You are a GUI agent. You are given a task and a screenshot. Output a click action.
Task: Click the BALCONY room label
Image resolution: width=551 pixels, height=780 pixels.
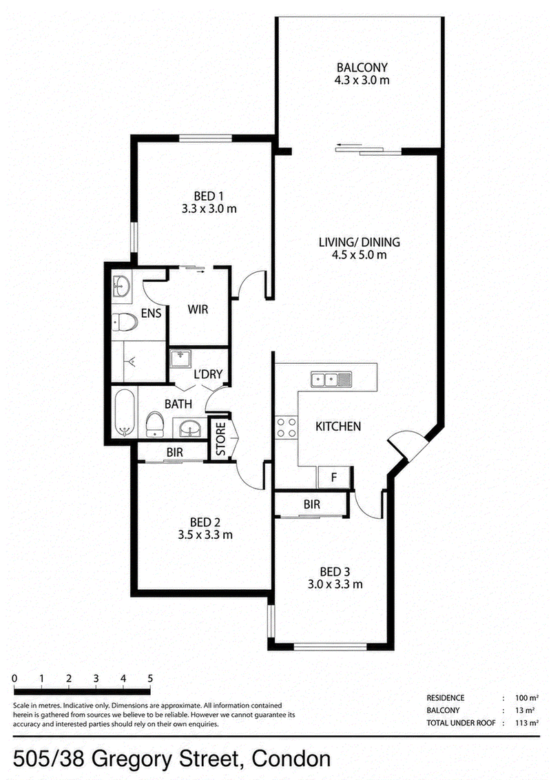point(362,67)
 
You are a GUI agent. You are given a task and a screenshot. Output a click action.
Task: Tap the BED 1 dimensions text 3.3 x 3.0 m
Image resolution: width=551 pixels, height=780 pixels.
point(209,209)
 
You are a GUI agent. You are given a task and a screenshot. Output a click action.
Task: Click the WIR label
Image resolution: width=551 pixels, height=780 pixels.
point(198,309)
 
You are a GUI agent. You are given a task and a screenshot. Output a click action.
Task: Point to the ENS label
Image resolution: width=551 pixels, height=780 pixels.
point(151,313)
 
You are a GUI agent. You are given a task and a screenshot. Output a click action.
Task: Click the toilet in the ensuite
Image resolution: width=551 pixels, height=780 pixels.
point(124,323)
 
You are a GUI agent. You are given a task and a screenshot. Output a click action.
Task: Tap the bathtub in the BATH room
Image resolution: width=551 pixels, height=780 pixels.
point(125,413)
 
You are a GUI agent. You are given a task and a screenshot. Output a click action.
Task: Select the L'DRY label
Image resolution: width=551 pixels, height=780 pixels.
point(208,374)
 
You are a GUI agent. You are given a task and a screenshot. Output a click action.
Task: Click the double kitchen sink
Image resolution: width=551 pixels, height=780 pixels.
point(331,380)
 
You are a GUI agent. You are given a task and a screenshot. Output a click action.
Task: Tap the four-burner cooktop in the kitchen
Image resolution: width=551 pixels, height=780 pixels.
point(286,428)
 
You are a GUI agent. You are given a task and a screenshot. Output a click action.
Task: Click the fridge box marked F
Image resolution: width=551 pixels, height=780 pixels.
point(334,478)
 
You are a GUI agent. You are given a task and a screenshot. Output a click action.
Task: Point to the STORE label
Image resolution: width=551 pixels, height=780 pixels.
point(221,439)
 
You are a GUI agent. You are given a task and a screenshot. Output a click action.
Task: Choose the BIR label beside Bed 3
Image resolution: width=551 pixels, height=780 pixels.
point(312,504)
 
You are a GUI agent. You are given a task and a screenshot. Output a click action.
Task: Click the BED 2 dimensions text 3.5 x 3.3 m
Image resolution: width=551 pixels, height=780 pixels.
point(205,535)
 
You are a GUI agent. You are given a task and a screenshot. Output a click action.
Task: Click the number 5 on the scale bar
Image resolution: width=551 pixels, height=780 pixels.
point(149,678)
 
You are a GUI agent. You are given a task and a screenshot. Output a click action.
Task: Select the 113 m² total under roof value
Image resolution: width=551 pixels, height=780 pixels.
point(526,723)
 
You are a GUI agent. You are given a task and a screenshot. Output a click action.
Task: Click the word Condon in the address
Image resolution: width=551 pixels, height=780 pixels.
point(291,759)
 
